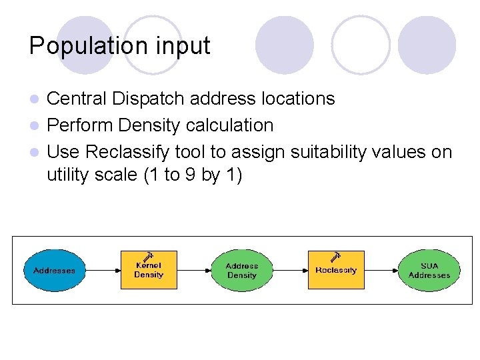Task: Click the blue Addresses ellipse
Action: pyautogui.click(x=55, y=270)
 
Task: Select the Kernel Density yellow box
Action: pyautogui.click(x=149, y=270)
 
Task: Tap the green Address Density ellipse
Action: pyautogui.click(x=241, y=270)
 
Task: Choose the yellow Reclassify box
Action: pyautogui.click(x=335, y=270)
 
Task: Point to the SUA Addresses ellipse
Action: pyautogui.click(x=429, y=270)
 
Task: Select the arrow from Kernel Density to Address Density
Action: pyautogui.click(x=194, y=270)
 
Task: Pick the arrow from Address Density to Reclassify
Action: pyautogui.click(x=289, y=270)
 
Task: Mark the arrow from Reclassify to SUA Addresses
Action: pyautogui.click(x=381, y=270)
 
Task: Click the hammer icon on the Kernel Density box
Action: pyautogui.click(x=149, y=255)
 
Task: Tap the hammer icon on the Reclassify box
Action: pyautogui.click(x=336, y=256)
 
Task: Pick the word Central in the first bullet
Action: pyautogui.click(x=77, y=99)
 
